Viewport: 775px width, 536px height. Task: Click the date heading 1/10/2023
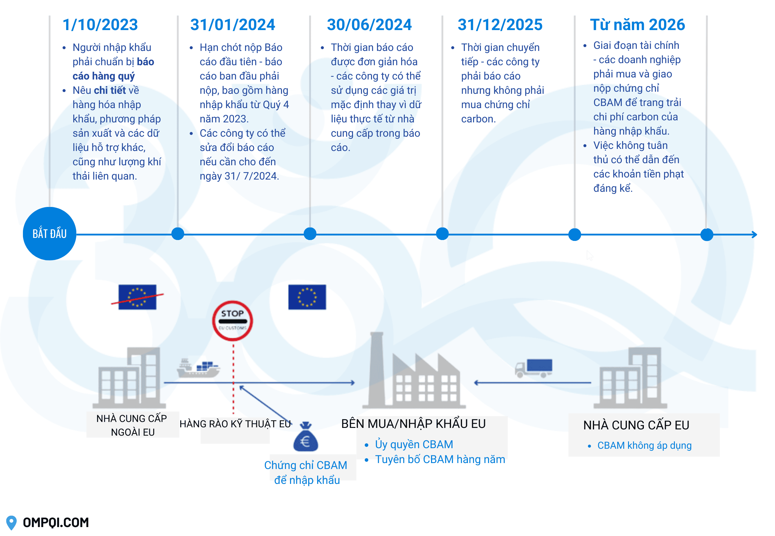[x=100, y=25]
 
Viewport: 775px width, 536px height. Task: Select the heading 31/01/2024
[x=232, y=25]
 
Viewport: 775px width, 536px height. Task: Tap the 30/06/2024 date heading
[x=369, y=25]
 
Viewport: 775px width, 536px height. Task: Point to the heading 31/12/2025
[x=500, y=25]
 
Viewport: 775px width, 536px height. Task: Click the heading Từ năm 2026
[x=637, y=25]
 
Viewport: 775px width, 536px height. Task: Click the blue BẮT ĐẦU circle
[x=49, y=233]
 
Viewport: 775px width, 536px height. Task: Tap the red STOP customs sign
[x=232, y=320]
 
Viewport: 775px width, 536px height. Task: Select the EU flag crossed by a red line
[x=137, y=297]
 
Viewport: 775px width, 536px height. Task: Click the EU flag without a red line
[x=307, y=297]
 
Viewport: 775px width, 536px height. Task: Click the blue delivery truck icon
[x=534, y=368]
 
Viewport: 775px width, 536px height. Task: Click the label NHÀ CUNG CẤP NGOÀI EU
[x=132, y=425]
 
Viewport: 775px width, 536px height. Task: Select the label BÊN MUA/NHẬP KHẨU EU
[x=413, y=424]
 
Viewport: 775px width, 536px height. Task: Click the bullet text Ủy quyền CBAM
[x=414, y=444]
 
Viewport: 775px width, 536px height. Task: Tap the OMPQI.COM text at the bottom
[x=56, y=522]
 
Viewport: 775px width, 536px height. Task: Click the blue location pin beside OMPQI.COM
[x=11, y=522]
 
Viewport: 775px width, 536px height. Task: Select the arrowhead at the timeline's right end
[x=754, y=234]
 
